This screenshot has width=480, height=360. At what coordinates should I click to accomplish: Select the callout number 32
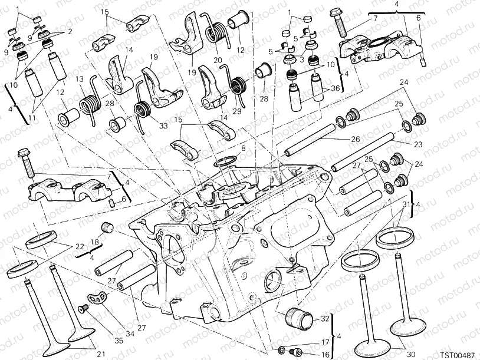[324, 319]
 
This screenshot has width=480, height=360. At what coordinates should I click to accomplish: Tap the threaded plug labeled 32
[300, 320]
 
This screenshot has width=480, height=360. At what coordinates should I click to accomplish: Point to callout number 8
[243, 150]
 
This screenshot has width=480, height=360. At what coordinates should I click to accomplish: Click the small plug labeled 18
[107, 227]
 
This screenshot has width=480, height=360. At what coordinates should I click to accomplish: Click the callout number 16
[308, 354]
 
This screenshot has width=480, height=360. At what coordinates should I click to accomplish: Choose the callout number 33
[163, 125]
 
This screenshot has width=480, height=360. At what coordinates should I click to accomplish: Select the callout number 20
[217, 60]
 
